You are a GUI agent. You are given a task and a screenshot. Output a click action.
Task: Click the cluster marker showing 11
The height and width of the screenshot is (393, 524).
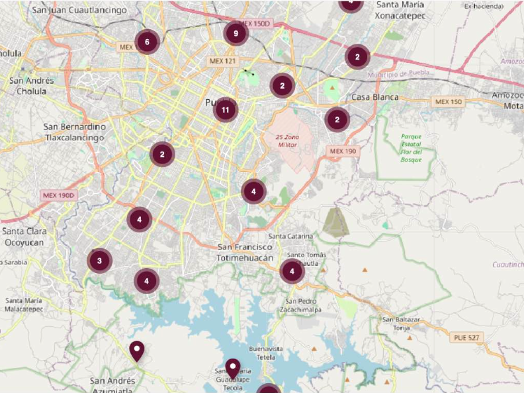pyautogui.click(x=226, y=110)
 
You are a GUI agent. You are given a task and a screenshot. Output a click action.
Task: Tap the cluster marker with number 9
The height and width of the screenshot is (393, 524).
pyautogui.click(x=236, y=33)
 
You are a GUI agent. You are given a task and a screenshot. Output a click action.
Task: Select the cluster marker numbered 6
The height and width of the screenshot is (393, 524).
pyautogui.click(x=147, y=42)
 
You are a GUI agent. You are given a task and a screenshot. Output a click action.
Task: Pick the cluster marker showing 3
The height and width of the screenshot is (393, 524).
pyautogui.click(x=99, y=261)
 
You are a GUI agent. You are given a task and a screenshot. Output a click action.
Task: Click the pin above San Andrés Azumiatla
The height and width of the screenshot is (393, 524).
pyautogui.click(x=137, y=350)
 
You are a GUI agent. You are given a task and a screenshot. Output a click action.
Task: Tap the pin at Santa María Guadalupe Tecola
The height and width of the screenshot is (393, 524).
pyautogui.click(x=232, y=368)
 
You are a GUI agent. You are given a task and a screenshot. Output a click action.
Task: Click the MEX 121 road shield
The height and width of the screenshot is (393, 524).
pyautogui.click(x=222, y=61)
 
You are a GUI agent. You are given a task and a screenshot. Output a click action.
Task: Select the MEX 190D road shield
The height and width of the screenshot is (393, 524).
pyautogui.click(x=60, y=195)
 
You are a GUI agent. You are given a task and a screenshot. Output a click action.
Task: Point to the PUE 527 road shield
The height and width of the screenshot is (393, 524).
pyautogui.click(x=468, y=337)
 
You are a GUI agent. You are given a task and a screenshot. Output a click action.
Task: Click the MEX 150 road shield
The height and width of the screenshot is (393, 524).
pyautogui.click(x=449, y=102)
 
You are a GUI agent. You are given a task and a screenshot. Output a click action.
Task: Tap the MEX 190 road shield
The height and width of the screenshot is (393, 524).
pyautogui.click(x=343, y=152)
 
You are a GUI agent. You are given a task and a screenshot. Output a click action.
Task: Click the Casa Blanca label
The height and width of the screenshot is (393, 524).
pyautogui.click(x=375, y=97)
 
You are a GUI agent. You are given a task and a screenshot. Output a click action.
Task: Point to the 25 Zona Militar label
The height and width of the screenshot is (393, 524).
pyautogui.click(x=288, y=140)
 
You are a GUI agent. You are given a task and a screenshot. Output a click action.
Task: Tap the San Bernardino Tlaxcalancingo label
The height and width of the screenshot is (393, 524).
pyautogui.click(x=75, y=132)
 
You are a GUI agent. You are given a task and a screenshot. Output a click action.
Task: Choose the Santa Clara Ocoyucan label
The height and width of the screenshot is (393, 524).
pyautogui.click(x=24, y=236)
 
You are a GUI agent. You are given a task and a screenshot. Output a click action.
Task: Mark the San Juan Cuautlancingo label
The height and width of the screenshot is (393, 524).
pyautogui.click(x=79, y=11)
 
